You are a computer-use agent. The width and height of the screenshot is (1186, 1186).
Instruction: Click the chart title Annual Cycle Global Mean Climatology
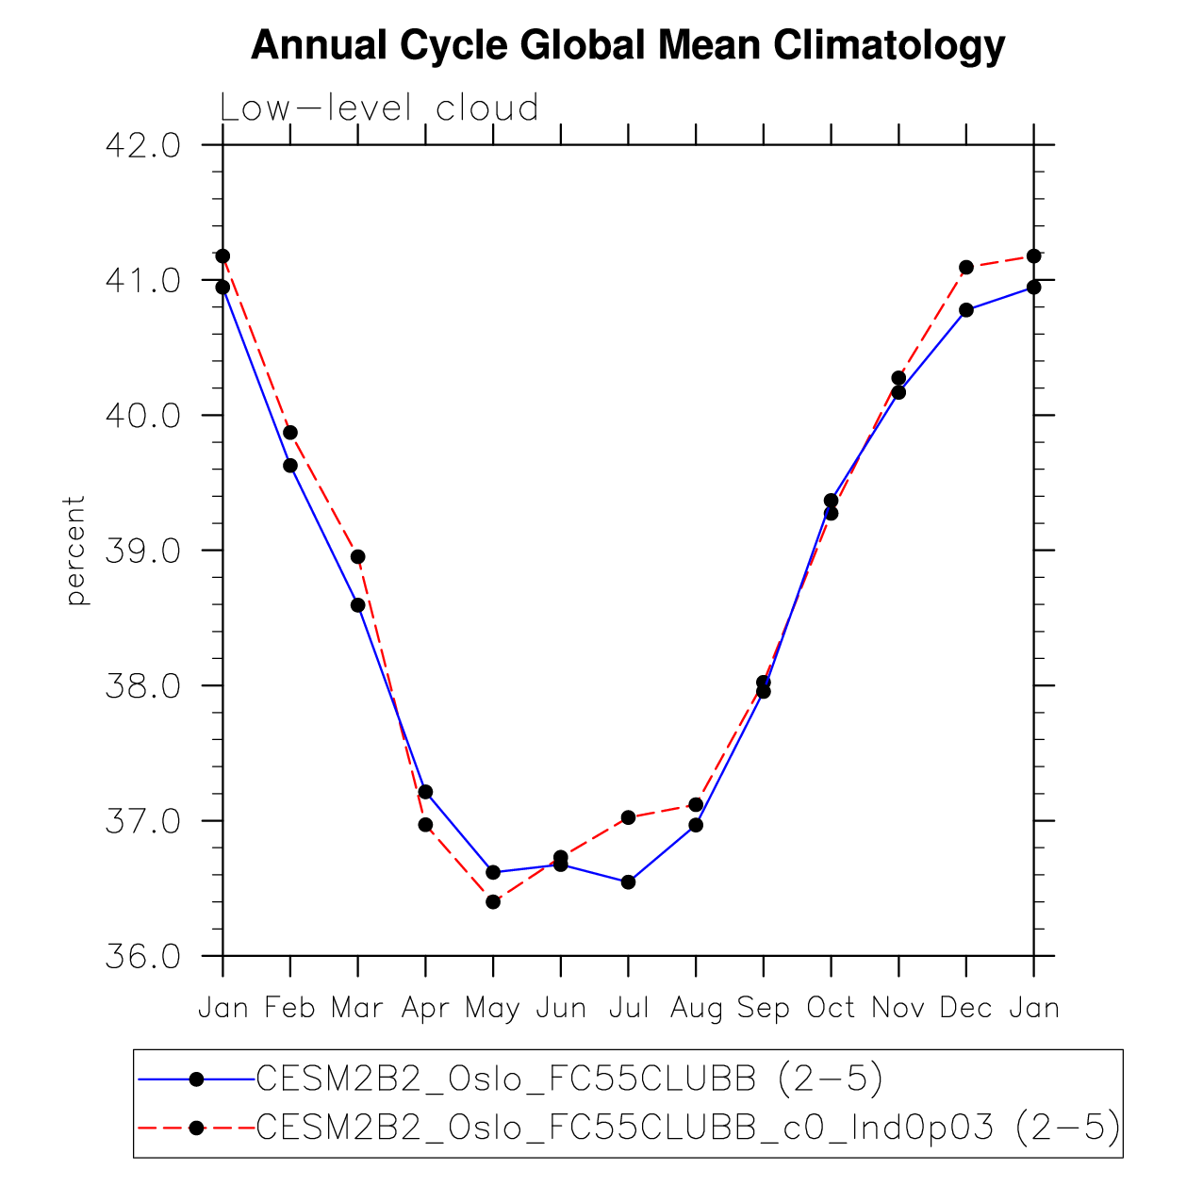[x=628, y=45]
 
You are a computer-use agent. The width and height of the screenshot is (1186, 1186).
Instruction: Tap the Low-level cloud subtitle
[x=379, y=108]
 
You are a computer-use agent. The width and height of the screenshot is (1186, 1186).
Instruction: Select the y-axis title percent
[x=75, y=551]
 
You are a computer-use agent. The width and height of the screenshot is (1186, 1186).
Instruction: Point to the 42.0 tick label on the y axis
[x=142, y=146]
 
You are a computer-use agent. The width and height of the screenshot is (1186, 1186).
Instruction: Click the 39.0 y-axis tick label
[x=142, y=551]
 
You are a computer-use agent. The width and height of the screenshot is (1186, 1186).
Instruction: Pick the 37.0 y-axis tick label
[x=142, y=821]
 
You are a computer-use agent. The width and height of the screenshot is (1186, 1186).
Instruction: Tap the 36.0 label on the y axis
[x=142, y=957]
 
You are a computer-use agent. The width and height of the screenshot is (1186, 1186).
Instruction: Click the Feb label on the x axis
[x=289, y=1008]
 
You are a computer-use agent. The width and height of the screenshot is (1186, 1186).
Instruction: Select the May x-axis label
[x=492, y=1009]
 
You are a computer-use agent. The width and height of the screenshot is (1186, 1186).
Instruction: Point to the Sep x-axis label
[x=763, y=1009]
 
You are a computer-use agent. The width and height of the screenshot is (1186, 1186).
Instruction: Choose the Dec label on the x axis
[x=966, y=1008]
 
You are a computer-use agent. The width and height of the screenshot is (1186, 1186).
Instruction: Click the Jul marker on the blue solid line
[x=628, y=882]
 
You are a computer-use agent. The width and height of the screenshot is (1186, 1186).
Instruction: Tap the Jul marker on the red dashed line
[x=628, y=817]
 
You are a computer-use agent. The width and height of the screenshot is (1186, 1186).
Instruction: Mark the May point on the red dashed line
[x=493, y=902]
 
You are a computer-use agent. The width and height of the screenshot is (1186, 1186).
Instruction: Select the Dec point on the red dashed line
[x=966, y=268]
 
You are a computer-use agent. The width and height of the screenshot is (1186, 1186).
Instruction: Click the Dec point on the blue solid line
[x=966, y=310]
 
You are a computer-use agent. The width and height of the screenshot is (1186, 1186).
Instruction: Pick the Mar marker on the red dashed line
[x=358, y=557]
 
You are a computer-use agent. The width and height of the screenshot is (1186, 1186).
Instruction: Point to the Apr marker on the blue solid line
[x=426, y=792]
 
